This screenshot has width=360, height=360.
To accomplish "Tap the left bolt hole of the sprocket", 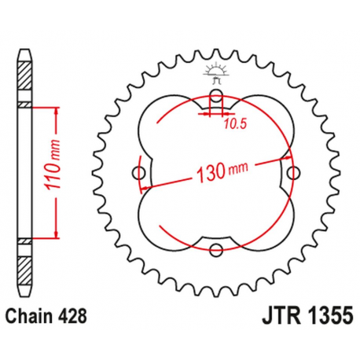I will [141, 173].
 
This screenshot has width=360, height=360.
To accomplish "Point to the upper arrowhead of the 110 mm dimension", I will [57, 109].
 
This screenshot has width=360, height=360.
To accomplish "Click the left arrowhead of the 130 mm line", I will [142, 189].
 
